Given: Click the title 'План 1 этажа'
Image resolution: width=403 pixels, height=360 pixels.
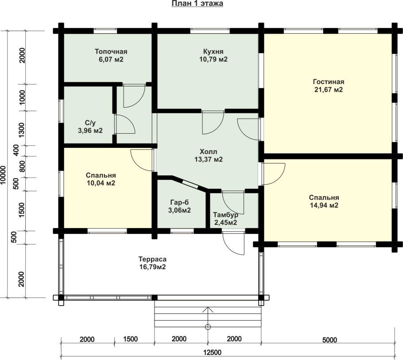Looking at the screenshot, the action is click(197, 4).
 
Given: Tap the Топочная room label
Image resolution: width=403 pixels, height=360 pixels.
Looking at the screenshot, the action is click(111, 51).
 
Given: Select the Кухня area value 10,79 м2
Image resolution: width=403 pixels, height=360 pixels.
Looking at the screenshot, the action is click(213, 59).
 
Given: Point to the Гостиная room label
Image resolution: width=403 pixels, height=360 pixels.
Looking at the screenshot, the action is click(329, 82).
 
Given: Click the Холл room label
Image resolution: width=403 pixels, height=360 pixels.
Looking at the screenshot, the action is click(209, 151).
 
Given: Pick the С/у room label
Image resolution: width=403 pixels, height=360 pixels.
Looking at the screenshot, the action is click(90, 123).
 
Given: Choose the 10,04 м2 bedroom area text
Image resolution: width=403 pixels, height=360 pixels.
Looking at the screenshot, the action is click(101, 183).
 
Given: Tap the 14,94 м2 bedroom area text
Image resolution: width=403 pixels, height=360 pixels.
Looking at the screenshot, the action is click(324, 205).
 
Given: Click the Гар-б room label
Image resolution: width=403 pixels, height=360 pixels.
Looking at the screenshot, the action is click(179, 202).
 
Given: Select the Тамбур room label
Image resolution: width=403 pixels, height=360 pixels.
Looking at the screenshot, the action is click(225, 215).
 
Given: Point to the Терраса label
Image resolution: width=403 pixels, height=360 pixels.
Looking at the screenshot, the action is click(152, 259).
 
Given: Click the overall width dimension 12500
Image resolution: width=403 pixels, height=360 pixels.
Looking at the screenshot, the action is click(212, 352).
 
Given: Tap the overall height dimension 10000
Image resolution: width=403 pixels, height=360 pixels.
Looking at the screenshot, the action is click(3, 175).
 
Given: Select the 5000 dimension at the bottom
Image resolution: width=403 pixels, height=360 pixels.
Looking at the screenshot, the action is click(329, 340).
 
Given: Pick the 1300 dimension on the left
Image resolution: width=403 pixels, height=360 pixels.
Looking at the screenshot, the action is click(22, 130).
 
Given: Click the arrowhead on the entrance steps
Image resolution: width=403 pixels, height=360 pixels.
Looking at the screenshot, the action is click(208, 310).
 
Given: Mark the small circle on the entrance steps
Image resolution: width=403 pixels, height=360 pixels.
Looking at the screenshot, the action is click(208, 327).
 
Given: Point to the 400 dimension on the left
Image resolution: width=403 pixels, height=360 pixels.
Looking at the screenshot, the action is click(16, 150).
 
